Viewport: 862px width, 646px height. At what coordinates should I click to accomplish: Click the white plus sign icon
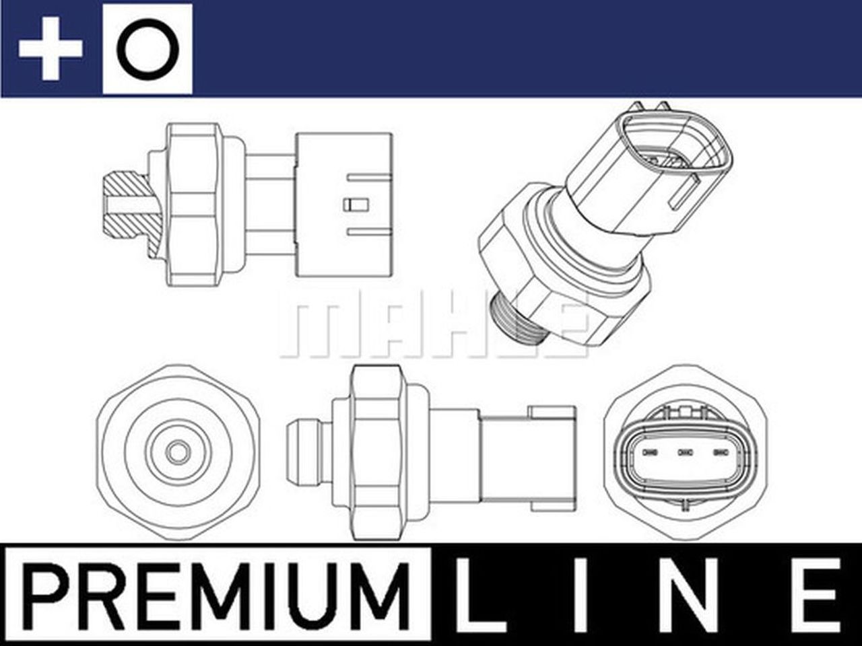(51, 48)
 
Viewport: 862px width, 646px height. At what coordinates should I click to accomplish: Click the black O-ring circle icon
(147, 48)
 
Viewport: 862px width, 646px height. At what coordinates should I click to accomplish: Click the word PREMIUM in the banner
(218, 591)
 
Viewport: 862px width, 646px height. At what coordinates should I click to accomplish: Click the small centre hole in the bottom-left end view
(177, 453)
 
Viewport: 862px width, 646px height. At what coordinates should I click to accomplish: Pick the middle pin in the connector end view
(685, 452)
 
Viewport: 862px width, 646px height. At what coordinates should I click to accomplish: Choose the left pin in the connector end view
(650, 452)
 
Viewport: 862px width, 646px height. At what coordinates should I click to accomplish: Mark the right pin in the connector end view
(721, 452)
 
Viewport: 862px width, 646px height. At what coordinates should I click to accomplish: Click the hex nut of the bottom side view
(378, 452)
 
